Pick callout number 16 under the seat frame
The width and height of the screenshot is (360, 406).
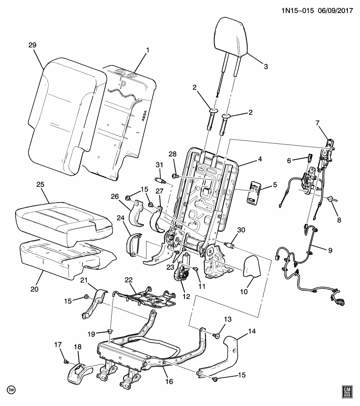[x=169, y=381]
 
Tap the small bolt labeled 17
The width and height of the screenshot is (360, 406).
[x=66, y=362]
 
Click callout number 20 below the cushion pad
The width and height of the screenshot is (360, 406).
[x=34, y=289]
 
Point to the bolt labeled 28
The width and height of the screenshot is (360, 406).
[x=174, y=176]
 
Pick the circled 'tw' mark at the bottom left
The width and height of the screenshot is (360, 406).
[x=12, y=390]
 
